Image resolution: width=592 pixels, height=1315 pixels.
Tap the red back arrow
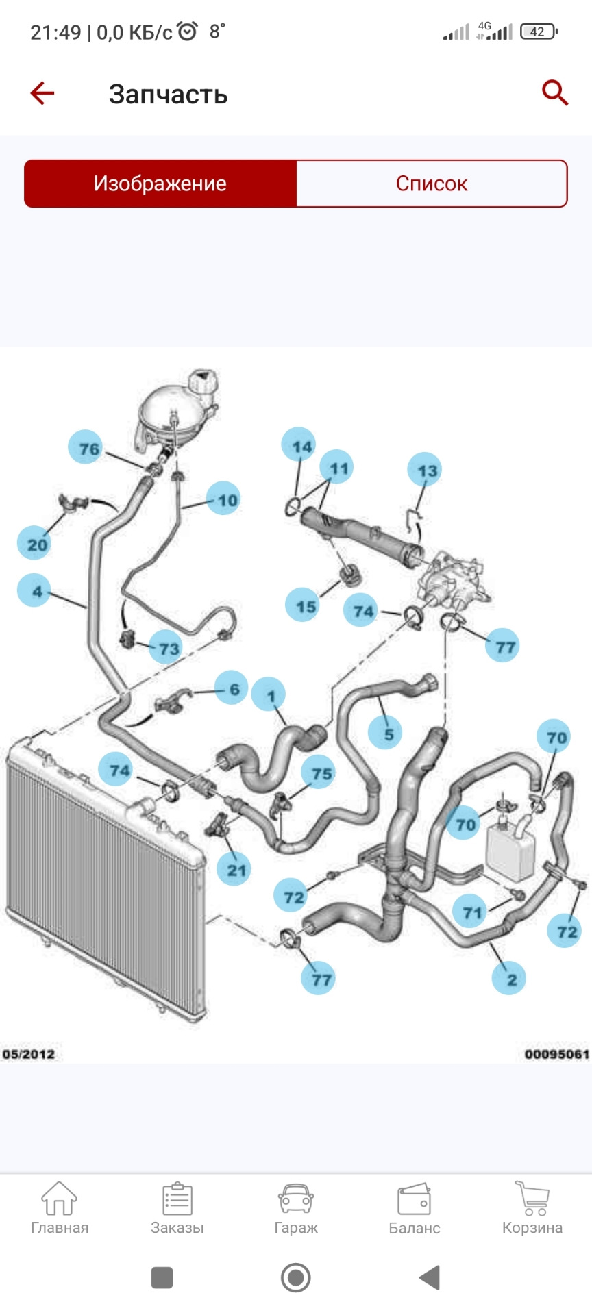click(42, 93)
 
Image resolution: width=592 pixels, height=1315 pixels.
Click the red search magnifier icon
click(555, 92)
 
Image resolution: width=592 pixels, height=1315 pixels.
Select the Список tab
click(432, 184)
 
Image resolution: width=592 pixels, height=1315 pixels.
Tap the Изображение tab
click(160, 184)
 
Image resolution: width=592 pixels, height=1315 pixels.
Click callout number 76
click(86, 448)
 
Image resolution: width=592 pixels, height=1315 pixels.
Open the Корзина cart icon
click(532, 1198)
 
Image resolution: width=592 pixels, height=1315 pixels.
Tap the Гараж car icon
click(296, 1199)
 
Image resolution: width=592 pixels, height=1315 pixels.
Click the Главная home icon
click(59, 1198)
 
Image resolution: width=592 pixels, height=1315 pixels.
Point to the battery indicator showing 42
click(539, 32)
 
